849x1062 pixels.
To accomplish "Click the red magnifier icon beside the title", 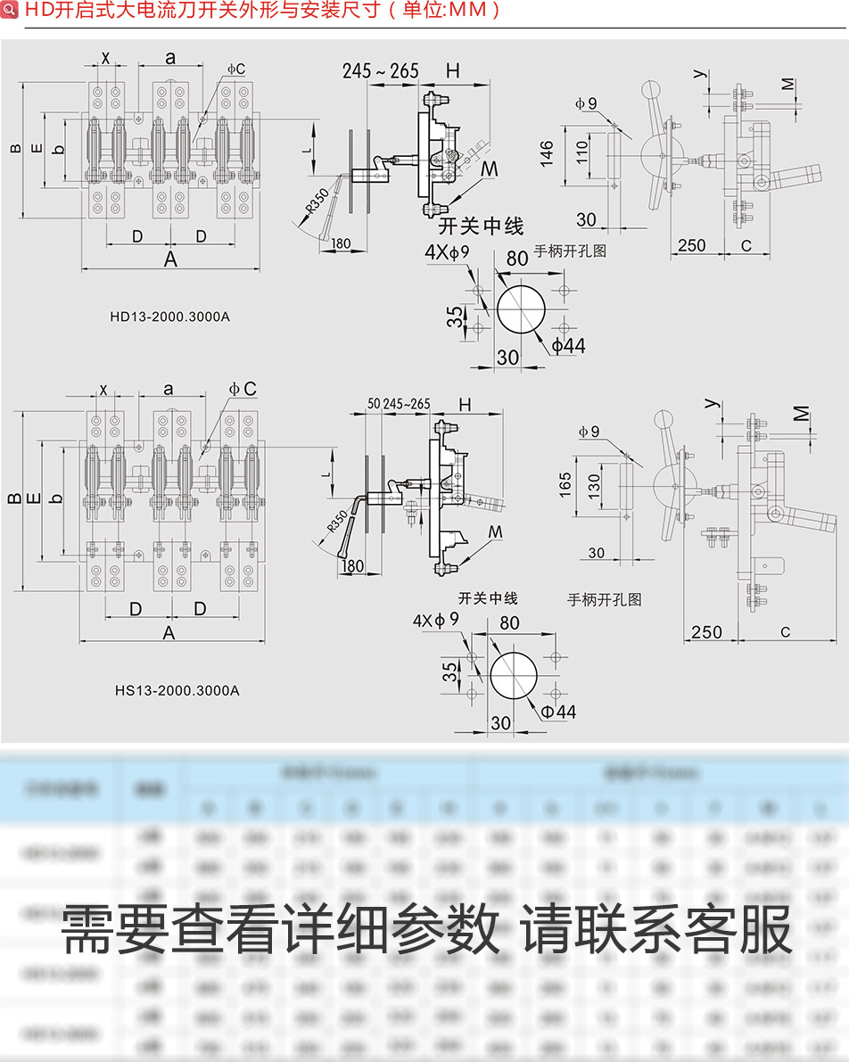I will point(10,10).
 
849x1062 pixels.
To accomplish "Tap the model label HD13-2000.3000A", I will point(169,316).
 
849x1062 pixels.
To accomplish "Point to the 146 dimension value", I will point(546,152).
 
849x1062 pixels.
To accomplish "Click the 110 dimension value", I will point(582,152).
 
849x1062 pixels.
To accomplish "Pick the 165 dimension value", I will point(565,485).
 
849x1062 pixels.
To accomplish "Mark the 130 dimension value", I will point(594,485).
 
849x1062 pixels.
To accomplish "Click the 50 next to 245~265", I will point(374,404).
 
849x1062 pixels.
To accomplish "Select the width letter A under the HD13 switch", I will point(170,259).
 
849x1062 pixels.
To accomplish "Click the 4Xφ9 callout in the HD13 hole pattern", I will point(447,252).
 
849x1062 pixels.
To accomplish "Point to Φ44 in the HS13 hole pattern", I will point(558,711).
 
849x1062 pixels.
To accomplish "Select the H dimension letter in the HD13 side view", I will point(453,71).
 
